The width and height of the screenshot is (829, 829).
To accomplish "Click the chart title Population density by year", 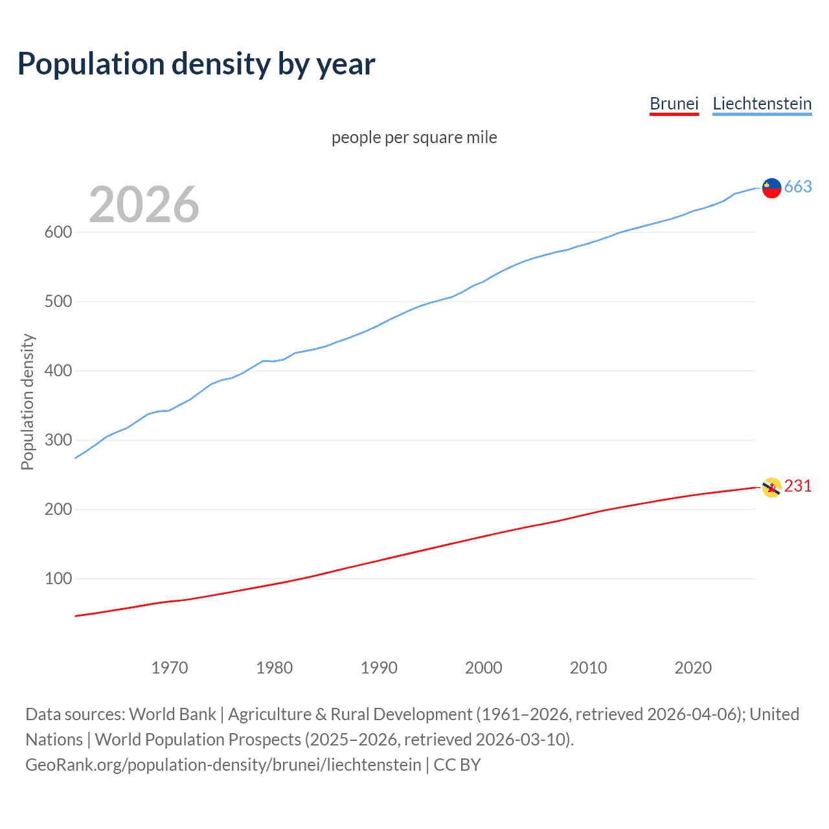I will click(196, 64).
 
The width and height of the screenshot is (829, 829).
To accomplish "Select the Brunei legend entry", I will click(674, 104).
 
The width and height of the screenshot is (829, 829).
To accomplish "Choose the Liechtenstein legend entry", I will click(762, 104).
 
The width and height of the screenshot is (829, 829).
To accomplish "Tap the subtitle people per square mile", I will click(414, 138).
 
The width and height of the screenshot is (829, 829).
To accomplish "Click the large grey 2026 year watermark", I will click(144, 205).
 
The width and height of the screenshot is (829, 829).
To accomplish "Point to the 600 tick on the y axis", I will click(58, 233).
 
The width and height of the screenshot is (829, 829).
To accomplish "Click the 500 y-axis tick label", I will click(58, 302).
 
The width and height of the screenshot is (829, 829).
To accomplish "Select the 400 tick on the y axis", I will click(58, 371).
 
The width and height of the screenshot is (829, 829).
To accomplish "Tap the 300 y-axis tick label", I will click(58, 440).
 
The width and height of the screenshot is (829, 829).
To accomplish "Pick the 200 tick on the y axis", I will click(58, 510).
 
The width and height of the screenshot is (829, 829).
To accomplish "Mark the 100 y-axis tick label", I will click(58, 579).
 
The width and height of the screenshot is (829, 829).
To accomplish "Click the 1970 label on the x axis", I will click(170, 668).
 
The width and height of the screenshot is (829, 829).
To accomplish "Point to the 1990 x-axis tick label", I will click(379, 668).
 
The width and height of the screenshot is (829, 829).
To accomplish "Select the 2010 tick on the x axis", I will click(588, 668).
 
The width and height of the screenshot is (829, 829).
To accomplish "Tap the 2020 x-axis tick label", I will click(693, 668).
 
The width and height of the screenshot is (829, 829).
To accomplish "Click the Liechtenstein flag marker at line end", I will click(771, 188).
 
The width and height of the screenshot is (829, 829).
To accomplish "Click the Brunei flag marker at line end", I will click(771, 487).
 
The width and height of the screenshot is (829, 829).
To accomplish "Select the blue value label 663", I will click(798, 187).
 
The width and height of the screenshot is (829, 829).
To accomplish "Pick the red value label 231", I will click(798, 486).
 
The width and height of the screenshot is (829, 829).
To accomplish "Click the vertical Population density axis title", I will click(27, 402).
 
